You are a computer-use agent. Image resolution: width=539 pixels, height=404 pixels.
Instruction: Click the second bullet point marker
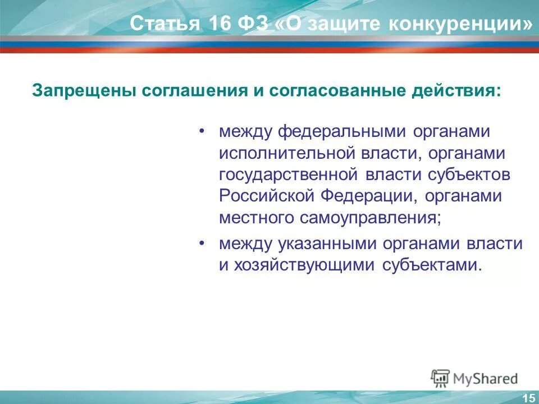click(202, 244)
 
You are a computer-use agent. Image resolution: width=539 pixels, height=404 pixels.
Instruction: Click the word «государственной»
click(288, 175)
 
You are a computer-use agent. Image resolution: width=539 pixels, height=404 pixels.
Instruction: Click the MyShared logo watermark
click(474, 378)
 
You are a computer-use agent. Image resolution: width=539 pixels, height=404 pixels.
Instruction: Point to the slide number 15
click(528, 398)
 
